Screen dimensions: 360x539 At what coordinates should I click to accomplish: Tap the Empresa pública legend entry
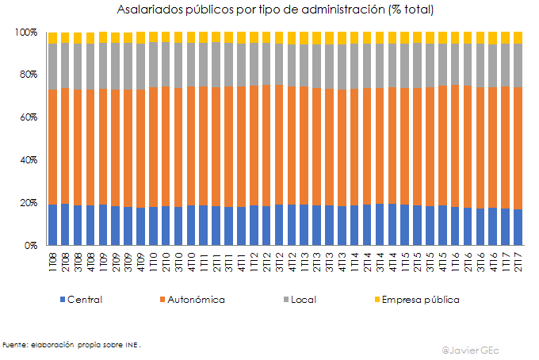[x=420, y=300]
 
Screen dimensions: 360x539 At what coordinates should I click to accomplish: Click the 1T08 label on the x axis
[x=52, y=261]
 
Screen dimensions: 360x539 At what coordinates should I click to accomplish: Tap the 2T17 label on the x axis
[x=518, y=261]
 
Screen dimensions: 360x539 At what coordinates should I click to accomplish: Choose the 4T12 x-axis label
[x=292, y=261]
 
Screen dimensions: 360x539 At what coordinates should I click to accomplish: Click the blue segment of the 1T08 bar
[x=52, y=225]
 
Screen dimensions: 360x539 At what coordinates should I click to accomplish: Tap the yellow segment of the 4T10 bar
[x=191, y=37]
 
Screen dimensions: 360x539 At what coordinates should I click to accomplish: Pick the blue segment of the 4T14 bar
[x=392, y=225]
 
